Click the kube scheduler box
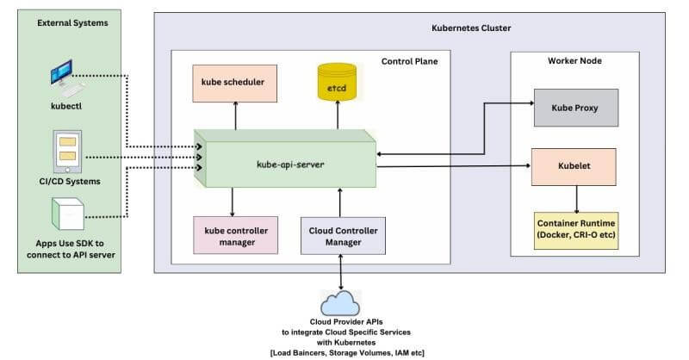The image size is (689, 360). (233, 83)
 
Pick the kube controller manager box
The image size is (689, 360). (235, 236)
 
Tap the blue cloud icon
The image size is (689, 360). (343, 303)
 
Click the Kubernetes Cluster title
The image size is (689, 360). (470, 28)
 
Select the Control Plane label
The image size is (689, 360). (409, 61)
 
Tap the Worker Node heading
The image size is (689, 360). (574, 61)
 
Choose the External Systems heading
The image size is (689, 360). (72, 22)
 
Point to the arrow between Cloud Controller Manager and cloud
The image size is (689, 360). (343, 272)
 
